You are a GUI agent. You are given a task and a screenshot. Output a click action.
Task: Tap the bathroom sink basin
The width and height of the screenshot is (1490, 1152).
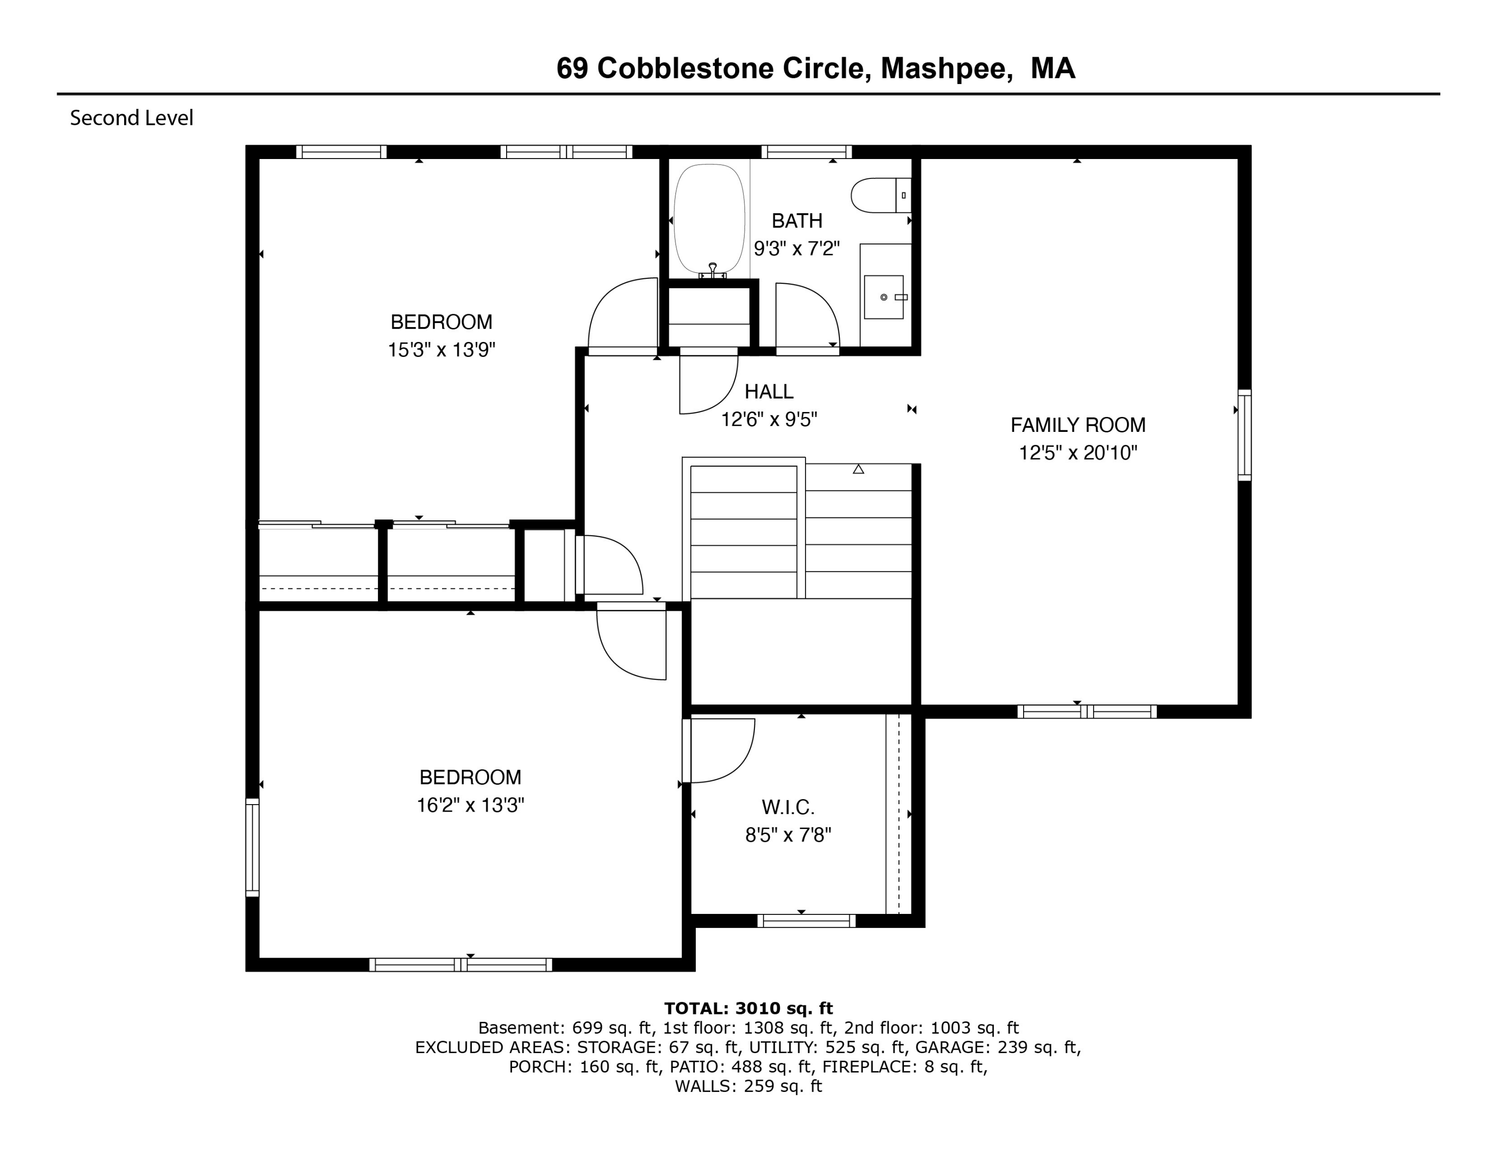tap(884, 297)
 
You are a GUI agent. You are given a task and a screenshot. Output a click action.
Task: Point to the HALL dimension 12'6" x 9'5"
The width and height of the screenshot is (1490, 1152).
tap(769, 419)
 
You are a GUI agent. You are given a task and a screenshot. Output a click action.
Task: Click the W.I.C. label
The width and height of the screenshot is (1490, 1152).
tap(788, 808)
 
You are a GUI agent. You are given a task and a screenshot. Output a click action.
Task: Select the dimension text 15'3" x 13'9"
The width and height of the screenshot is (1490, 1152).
tap(442, 350)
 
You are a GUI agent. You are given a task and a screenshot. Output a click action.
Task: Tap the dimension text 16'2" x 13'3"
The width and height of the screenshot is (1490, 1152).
tap(470, 805)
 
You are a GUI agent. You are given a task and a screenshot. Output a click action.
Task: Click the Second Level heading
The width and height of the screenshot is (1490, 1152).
tap(132, 118)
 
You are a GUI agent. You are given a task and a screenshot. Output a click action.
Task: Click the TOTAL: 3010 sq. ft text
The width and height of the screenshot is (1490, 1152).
tap(748, 1008)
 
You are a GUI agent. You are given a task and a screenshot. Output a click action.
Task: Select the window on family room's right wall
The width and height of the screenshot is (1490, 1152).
tap(1244, 435)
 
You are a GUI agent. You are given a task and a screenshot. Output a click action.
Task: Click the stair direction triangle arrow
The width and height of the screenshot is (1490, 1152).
tap(858, 469)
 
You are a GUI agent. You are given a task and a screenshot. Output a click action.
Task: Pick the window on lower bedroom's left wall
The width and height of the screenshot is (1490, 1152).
tap(252, 847)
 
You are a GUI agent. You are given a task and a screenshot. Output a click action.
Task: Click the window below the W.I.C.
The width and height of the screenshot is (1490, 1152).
tap(806, 920)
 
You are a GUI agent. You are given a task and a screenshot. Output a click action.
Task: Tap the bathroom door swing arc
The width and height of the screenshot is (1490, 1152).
tap(809, 315)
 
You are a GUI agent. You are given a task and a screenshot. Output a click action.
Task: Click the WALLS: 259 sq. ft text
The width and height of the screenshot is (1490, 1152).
tap(748, 1086)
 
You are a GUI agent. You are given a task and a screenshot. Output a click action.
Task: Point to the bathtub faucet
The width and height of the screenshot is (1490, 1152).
tap(713, 270)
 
